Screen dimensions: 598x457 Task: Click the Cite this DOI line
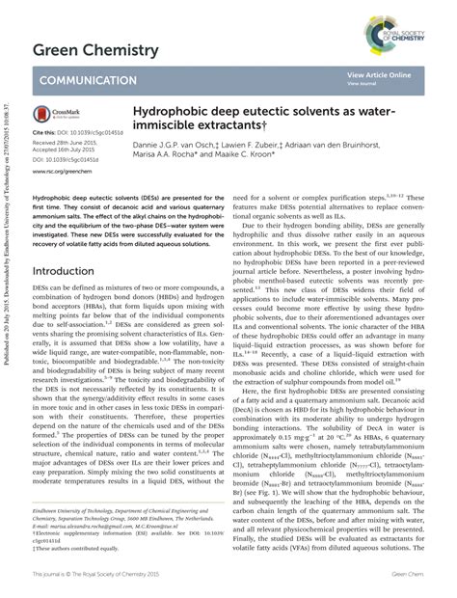77,131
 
